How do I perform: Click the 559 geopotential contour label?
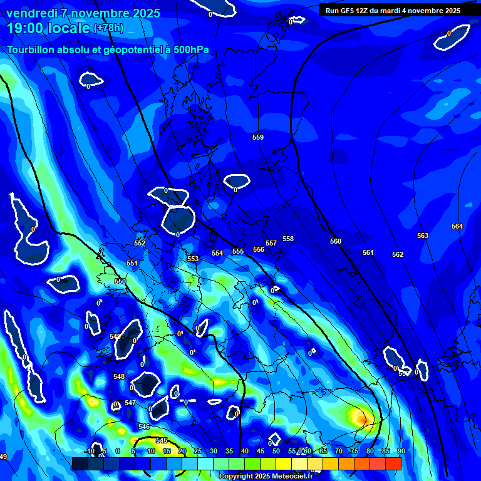pos(258,137)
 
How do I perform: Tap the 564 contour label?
pos(457,226)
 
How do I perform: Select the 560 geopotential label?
pos(336,241)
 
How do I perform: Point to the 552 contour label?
pos(140,243)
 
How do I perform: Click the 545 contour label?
pos(162,440)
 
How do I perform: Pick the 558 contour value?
pos(288,239)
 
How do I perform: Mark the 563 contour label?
pos(423,235)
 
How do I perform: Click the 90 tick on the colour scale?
pos(401,451)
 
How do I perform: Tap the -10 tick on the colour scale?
pos(89,451)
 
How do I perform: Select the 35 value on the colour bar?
pos(229,451)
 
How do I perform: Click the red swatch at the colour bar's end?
pos(393,463)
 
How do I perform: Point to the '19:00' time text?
pos(26,28)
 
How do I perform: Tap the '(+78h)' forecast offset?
pos(108,28)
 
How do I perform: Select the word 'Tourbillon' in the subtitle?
pos(31,49)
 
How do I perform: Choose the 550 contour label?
pos(120,282)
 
